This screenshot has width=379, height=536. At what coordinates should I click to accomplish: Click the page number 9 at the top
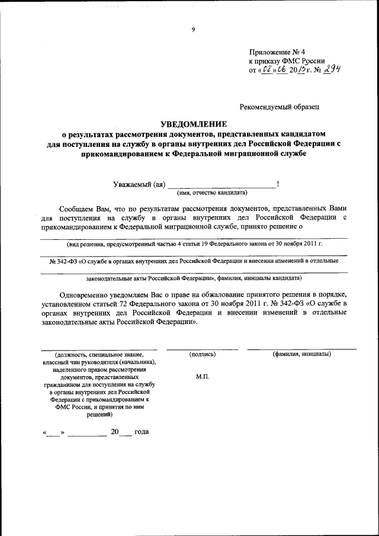tap(193, 30)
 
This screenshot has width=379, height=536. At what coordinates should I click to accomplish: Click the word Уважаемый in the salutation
tap(132, 184)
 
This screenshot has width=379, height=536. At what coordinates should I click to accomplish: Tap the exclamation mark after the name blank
tap(278, 184)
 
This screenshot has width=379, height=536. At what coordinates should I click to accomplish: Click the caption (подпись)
tap(202, 354)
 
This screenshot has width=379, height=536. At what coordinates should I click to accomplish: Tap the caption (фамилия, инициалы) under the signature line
tap(301, 354)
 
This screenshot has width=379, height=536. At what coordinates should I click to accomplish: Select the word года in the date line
tap(142, 431)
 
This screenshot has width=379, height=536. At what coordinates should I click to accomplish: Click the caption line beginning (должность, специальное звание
tap(99, 354)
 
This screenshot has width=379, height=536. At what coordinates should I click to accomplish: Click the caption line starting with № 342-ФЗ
tap(189, 261)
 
